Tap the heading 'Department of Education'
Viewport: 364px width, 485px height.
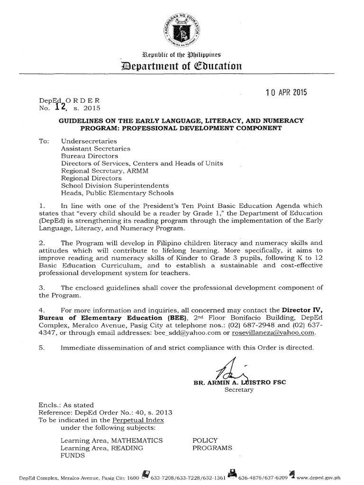182,66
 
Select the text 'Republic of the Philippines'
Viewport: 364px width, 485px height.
182,55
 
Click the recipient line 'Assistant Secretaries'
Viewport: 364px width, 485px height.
95,148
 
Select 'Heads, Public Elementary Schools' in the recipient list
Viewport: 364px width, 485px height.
110,193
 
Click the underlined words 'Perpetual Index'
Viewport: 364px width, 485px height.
138,420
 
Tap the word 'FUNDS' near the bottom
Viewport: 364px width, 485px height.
73,456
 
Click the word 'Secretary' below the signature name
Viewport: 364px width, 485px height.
239,390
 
